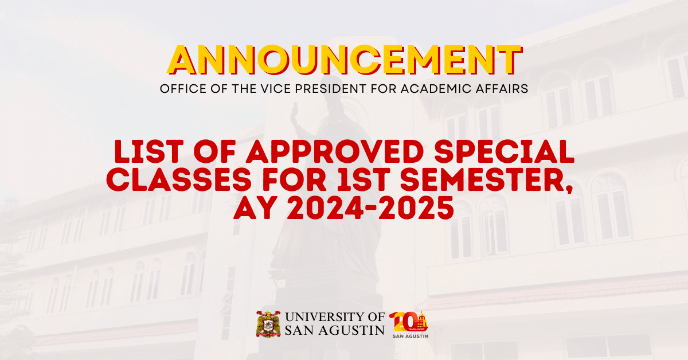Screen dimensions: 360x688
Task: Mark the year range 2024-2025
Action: [370, 208]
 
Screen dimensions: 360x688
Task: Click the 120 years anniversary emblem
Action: [409, 324]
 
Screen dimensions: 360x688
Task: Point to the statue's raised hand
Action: [296, 108]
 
